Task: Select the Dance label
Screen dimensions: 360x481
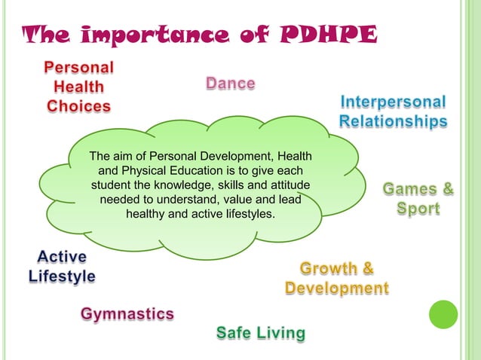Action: coord(231,83)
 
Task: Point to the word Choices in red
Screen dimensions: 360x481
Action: coord(78,106)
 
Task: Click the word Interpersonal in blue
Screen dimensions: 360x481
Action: coord(393,102)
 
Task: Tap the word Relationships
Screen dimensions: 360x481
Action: coord(393,121)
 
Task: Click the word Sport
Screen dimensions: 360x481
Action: coord(418,208)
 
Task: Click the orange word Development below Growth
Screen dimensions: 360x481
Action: coord(337,288)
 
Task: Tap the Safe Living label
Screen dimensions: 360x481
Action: coord(261,332)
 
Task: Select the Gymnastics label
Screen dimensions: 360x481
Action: coord(128,313)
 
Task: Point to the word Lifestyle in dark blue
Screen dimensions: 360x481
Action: coord(62,276)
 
